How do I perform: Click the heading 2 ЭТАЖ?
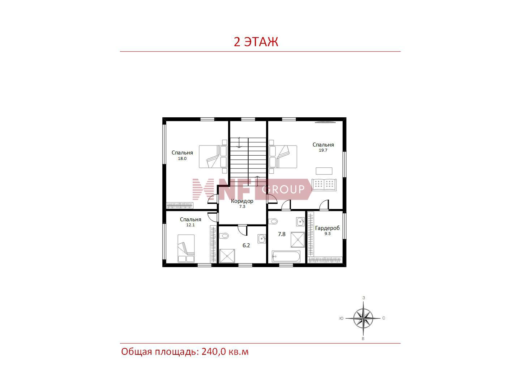[x=256, y=42]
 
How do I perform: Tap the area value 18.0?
[x=182, y=158]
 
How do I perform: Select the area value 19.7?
[x=323, y=150]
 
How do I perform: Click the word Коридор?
[x=242, y=201]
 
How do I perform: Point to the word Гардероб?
[x=327, y=228]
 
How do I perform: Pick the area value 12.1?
[x=190, y=225]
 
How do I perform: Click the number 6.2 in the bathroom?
[x=246, y=245]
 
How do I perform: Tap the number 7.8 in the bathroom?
[x=282, y=234]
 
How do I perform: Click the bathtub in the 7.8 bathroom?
[x=286, y=257]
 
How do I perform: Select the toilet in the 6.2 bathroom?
[x=224, y=236]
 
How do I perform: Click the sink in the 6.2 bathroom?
[x=262, y=239]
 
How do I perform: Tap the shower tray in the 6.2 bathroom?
[x=227, y=256]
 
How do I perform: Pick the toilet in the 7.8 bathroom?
[x=273, y=222]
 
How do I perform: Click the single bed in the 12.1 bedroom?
[x=186, y=249]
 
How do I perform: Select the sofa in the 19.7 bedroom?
[x=324, y=185]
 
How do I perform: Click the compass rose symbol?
[x=363, y=318]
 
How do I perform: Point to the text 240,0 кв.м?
[x=225, y=352]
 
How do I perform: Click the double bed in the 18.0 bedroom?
[x=213, y=157]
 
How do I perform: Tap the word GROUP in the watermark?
[x=283, y=189]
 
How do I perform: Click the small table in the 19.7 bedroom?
[x=324, y=171]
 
